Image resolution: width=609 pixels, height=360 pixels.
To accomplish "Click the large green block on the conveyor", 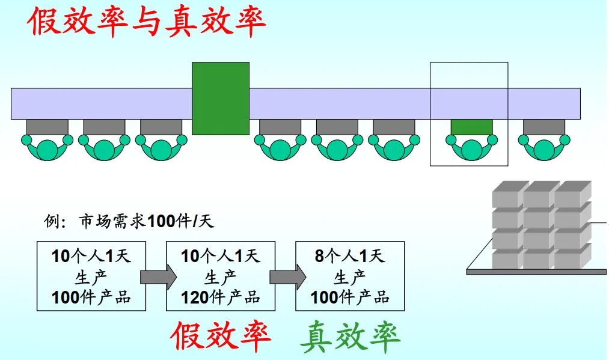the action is [220, 98].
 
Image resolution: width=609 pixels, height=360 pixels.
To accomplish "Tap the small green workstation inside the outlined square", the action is [471, 126].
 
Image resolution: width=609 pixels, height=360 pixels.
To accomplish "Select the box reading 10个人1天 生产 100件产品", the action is [91, 276].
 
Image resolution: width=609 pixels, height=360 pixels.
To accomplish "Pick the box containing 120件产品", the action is [220, 276].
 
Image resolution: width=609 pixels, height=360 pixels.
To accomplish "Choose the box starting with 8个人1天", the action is [350, 276].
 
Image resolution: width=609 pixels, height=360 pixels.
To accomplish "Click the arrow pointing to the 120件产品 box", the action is [157, 276].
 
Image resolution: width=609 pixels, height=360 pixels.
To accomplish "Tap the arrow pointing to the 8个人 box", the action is [287, 276].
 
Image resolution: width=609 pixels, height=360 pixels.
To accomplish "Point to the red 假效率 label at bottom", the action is [220, 337].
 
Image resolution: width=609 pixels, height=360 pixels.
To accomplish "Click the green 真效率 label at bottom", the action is [350, 337].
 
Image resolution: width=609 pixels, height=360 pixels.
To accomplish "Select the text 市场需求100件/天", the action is [147, 222].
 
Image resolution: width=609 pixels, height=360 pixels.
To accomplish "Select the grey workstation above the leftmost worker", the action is [47, 126].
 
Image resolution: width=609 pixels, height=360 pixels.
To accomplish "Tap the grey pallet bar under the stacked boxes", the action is [536, 272].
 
